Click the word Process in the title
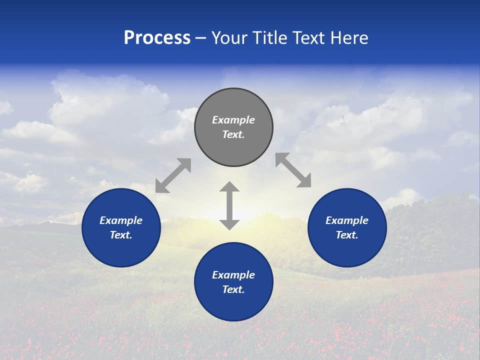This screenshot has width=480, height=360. [x=157, y=38]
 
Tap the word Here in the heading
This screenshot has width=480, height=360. [x=348, y=38]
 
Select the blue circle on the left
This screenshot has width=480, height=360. [x=121, y=250]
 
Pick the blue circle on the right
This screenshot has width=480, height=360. [x=347, y=250]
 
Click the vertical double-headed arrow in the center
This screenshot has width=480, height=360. [x=229, y=205]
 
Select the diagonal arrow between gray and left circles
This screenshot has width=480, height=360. [x=173, y=175]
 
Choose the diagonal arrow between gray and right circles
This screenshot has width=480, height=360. [x=293, y=170]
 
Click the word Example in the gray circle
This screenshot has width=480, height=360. [x=233, y=120]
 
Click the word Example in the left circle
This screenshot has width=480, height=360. [x=121, y=220]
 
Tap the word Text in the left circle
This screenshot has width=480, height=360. [x=120, y=235]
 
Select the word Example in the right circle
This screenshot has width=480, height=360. [x=347, y=220]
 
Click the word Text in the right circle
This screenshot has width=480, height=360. [x=346, y=235]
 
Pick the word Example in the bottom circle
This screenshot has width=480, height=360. [x=233, y=275]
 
